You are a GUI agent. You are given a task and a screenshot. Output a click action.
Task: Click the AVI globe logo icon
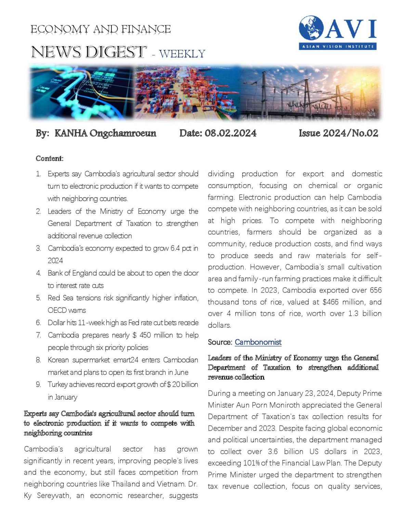(311, 28)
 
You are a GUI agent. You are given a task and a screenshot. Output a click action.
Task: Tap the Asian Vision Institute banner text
(338, 46)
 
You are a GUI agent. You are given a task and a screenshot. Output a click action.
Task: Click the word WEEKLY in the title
(182, 54)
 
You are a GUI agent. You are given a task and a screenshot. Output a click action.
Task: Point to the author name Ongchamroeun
(123, 133)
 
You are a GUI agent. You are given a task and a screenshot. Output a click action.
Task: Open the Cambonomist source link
(258, 342)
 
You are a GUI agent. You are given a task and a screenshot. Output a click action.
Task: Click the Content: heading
(50, 159)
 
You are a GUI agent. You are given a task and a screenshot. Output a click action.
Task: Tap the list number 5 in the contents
(38, 298)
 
